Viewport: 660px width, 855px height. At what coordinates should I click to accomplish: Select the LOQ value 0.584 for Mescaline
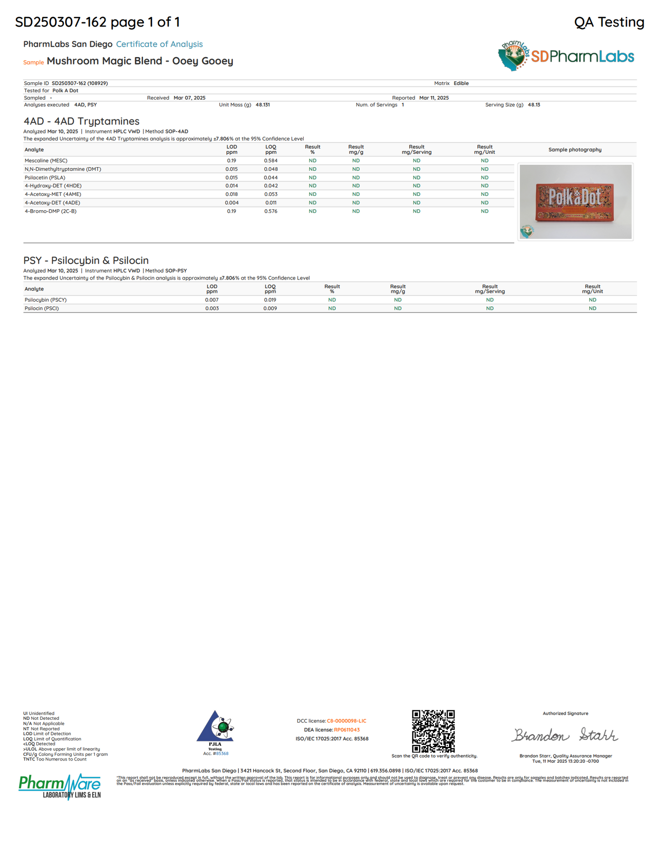click(271, 161)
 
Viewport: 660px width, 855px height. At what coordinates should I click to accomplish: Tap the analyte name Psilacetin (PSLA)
click(45, 178)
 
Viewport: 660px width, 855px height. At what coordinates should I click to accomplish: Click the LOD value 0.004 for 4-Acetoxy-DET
click(232, 203)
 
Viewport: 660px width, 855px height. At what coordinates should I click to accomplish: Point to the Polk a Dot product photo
click(576, 201)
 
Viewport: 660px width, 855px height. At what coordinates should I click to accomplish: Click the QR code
click(433, 731)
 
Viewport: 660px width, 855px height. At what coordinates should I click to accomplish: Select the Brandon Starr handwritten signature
click(565, 735)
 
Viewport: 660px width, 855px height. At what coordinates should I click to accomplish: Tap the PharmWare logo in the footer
click(59, 786)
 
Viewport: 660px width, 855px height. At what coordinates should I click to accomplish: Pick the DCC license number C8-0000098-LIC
click(346, 721)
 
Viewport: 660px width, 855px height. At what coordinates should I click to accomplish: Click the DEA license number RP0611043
click(347, 730)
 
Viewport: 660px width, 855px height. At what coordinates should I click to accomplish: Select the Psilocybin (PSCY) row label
click(46, 300)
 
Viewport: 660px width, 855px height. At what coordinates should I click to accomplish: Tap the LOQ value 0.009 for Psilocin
click(270, 309)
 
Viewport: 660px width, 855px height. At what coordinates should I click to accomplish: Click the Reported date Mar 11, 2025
click(434, 98)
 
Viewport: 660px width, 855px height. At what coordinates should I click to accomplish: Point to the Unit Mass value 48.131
click(263, 105)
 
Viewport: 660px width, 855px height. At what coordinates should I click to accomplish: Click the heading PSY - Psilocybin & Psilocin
click(86, 260)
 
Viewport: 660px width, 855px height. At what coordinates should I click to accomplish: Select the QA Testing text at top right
click(609, 22)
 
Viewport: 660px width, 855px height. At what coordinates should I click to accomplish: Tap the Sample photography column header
click(575, 150)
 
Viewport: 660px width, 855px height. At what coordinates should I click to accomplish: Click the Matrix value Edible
click(461, 84)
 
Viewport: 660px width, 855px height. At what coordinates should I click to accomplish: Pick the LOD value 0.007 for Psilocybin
click(212, 300)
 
